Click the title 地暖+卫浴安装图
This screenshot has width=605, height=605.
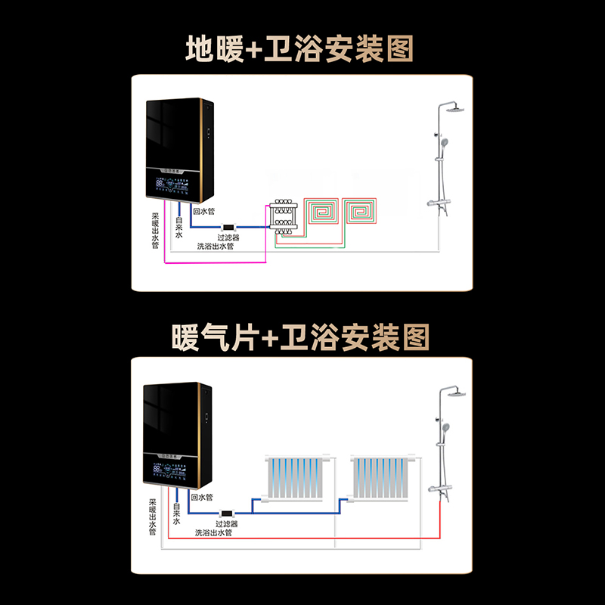point(301,50)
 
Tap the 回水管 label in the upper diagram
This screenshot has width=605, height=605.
point(204,213)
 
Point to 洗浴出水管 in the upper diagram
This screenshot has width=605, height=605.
point(216,247)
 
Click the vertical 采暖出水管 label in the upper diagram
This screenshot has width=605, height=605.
point(155,231)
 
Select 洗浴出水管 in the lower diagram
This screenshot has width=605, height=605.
point(213,532)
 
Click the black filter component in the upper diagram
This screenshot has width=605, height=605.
point(228,227)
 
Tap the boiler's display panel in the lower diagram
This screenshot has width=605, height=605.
point(175,471)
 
